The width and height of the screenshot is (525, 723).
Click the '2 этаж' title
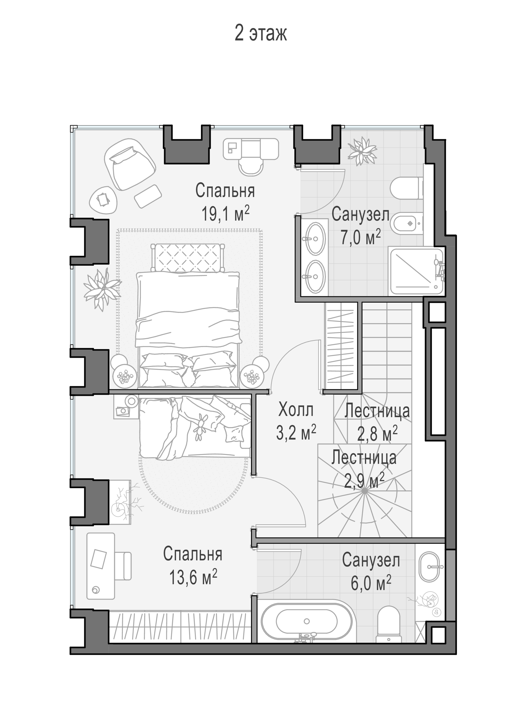(x=261, y=33)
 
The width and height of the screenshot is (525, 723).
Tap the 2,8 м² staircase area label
(x=377, y=433)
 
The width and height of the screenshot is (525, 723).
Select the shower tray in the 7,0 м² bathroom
(x=416, y=272)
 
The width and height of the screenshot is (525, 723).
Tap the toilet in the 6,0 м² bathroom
(x=388, y=625)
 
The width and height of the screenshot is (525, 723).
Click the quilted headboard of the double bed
(x=188, y=258)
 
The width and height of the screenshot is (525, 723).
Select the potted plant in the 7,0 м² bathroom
(x=362, y=151)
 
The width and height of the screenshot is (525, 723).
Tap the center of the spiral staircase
(x=365, y=491)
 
